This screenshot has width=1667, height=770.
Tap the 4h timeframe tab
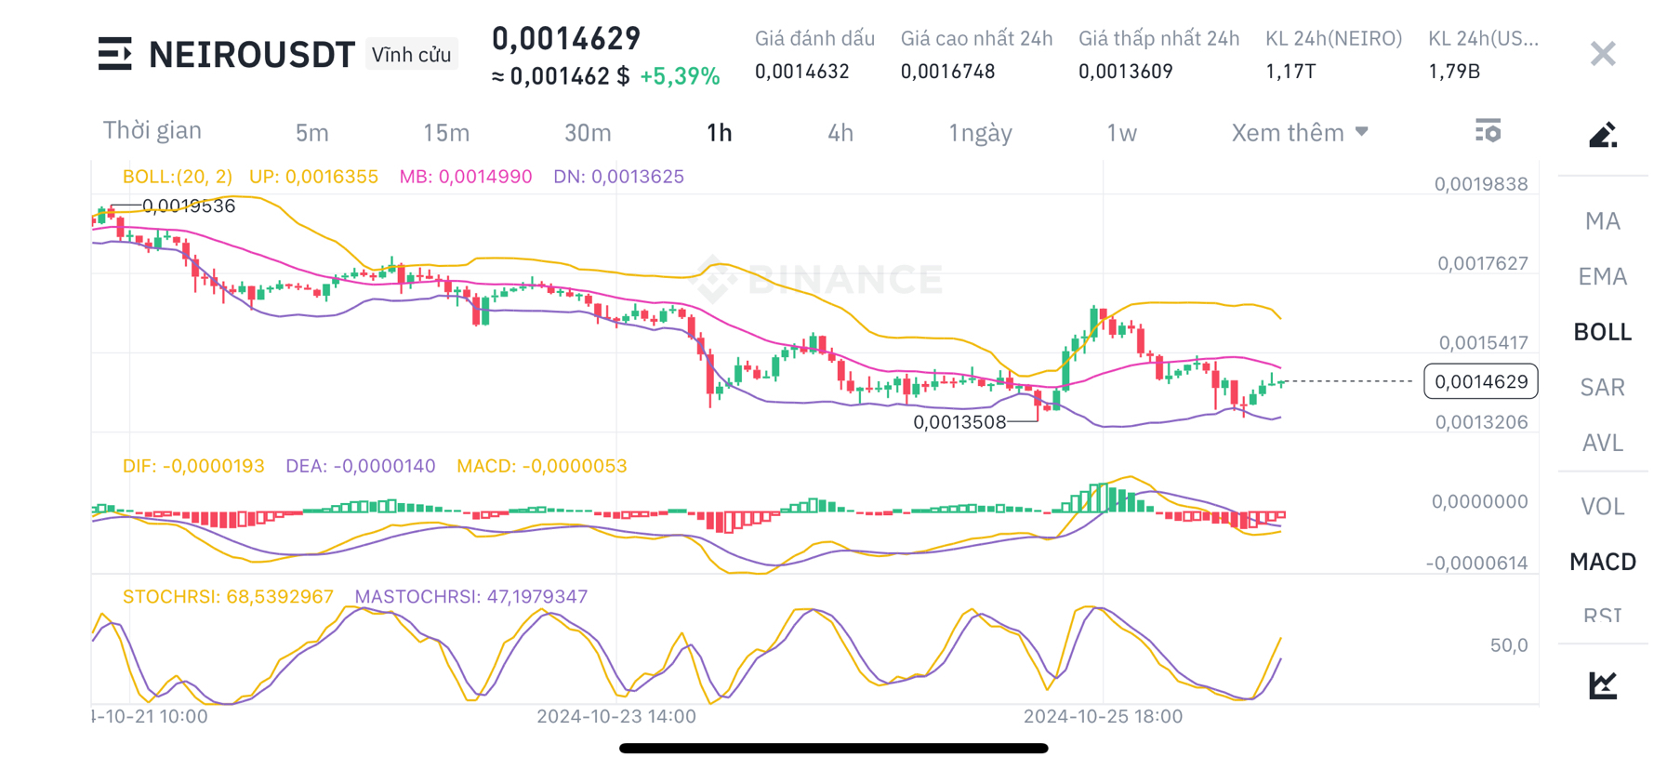point(840,133)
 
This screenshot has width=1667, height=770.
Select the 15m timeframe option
point(446,133)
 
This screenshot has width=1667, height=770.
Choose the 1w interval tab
point(1121,133)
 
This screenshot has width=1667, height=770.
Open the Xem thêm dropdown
point(1299,133)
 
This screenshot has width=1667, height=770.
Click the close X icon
point(1602,54)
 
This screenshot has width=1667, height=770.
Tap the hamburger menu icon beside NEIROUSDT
point(115,54)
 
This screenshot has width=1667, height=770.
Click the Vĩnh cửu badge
point(411,55)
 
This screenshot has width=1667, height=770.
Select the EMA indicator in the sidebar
point(1602,276)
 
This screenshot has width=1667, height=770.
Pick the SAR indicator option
point(1602,387)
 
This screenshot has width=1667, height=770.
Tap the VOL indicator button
point(1602,507)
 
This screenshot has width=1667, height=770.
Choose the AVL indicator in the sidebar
point(1602,443)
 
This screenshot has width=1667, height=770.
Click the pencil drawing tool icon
point(1602,136)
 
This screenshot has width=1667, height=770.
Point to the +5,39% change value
point(680,76)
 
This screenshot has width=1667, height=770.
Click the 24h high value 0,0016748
point(947,72)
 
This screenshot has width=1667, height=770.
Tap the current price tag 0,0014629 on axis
point(1480,381)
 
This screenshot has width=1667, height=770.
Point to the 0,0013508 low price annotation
point(959,422)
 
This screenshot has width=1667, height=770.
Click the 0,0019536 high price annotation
point(189,206)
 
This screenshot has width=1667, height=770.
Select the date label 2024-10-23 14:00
point(616,716)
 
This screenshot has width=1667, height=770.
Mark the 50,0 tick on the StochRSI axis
point(1508,645)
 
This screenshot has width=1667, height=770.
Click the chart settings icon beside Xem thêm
point(1488,131)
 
